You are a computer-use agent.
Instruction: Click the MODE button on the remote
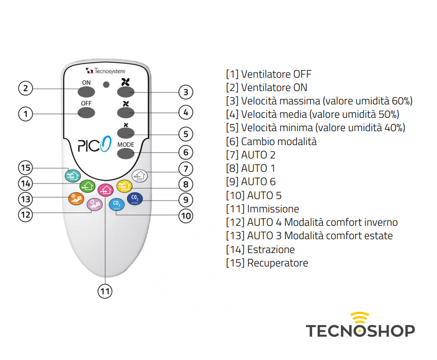click(x=125, y=153)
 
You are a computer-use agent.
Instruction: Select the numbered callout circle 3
click(x=186, y=93)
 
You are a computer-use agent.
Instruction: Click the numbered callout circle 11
click(x=105, y=291)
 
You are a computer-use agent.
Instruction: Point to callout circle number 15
click(x=25, y=168)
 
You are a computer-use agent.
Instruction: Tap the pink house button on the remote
click(x=105, y=190)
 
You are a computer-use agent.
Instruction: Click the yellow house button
click(x=124, y=186)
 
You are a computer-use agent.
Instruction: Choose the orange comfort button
click(x=76, y=199)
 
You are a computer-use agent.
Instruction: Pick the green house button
click(x=88, y=186)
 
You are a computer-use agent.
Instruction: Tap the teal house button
click(x=72, y=175)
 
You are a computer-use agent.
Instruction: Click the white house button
click(x=139, y=175)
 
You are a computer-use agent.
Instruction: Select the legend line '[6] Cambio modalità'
click(x=271, y=141)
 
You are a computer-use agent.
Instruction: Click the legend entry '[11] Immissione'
click(x=262, y=209)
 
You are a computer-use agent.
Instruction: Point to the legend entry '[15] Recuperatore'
click(x=267, y=263)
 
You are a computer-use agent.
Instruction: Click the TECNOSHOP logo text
click(x=360, y=330)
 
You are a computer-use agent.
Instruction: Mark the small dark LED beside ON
click(x=106, y=84)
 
